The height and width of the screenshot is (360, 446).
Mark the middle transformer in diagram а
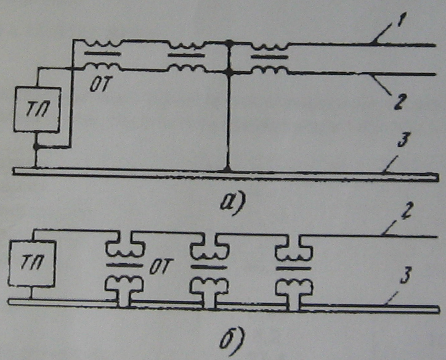point(185,57)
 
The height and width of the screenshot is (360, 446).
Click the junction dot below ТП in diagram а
point(36,147)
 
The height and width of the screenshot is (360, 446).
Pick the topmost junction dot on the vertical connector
point(229,44)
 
